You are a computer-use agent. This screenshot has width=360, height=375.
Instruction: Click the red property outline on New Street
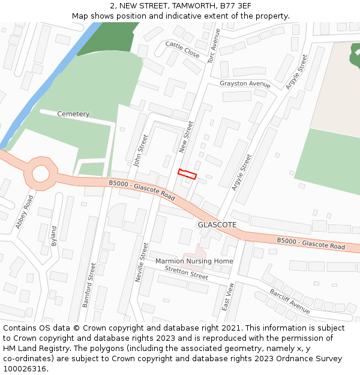click(187, 174)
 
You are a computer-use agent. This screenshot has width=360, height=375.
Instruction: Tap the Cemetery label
click(73, 114)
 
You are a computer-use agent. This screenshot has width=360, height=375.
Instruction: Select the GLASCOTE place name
click(217, 225)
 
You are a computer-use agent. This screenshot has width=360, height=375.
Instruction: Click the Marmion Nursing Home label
click(194, 262)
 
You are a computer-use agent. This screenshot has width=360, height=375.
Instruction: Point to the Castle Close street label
click(182, 49)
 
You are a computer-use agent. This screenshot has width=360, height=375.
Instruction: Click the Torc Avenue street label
click(214, 47)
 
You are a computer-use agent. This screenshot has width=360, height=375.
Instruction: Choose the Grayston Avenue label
click(245, 83)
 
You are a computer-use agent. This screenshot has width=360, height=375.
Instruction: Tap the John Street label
click(140, 151)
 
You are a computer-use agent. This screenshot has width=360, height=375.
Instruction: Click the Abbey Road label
click(25, 212)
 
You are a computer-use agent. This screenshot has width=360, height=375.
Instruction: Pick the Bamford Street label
click(89, 285)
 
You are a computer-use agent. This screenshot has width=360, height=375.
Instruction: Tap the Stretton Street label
click(187, 273)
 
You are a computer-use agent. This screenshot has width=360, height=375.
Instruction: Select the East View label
click(227, 296)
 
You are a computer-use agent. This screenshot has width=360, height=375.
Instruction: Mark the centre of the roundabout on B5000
click(41, 174)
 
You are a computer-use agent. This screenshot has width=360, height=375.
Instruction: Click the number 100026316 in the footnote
click(25, 369)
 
